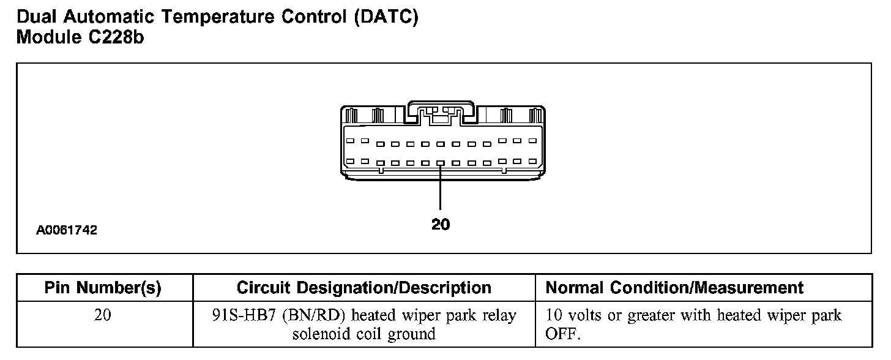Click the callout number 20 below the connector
point(440,225)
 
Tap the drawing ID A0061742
point(66,231)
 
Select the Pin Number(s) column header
point(103,288)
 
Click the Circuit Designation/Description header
point(363,288)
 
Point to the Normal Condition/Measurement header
point(674,288)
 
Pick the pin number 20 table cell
point(103,316)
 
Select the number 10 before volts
point(553,316)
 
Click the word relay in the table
point(499,316)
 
